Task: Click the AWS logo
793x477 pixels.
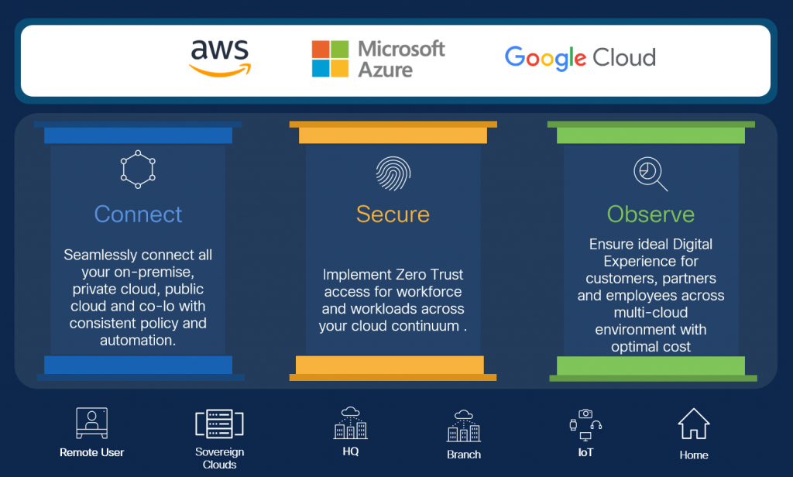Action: tap(220, 59)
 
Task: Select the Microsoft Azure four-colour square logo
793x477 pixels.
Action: tap(331, 60)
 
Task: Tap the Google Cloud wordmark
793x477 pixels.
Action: tap(580, 57)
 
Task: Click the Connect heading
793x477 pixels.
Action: tap(139, 214)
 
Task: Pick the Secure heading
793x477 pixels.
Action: tap(393, 214)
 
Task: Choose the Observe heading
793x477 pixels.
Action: tap(651, 214)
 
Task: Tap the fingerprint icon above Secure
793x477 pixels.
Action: tap(393, 173)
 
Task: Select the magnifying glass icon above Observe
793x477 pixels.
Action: tap(650, 173)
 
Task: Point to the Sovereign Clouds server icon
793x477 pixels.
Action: tap(219, 424)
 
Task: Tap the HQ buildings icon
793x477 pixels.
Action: tap(350, 423)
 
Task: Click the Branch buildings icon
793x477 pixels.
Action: tap(464, 425)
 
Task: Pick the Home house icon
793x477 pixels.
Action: tap(694, 424)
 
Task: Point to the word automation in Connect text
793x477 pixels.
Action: tap(138, 340)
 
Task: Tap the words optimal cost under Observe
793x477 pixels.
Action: tap(651, 346)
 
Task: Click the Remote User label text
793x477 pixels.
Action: tap(91, 452)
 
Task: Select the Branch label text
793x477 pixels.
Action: tap(464, 455)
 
